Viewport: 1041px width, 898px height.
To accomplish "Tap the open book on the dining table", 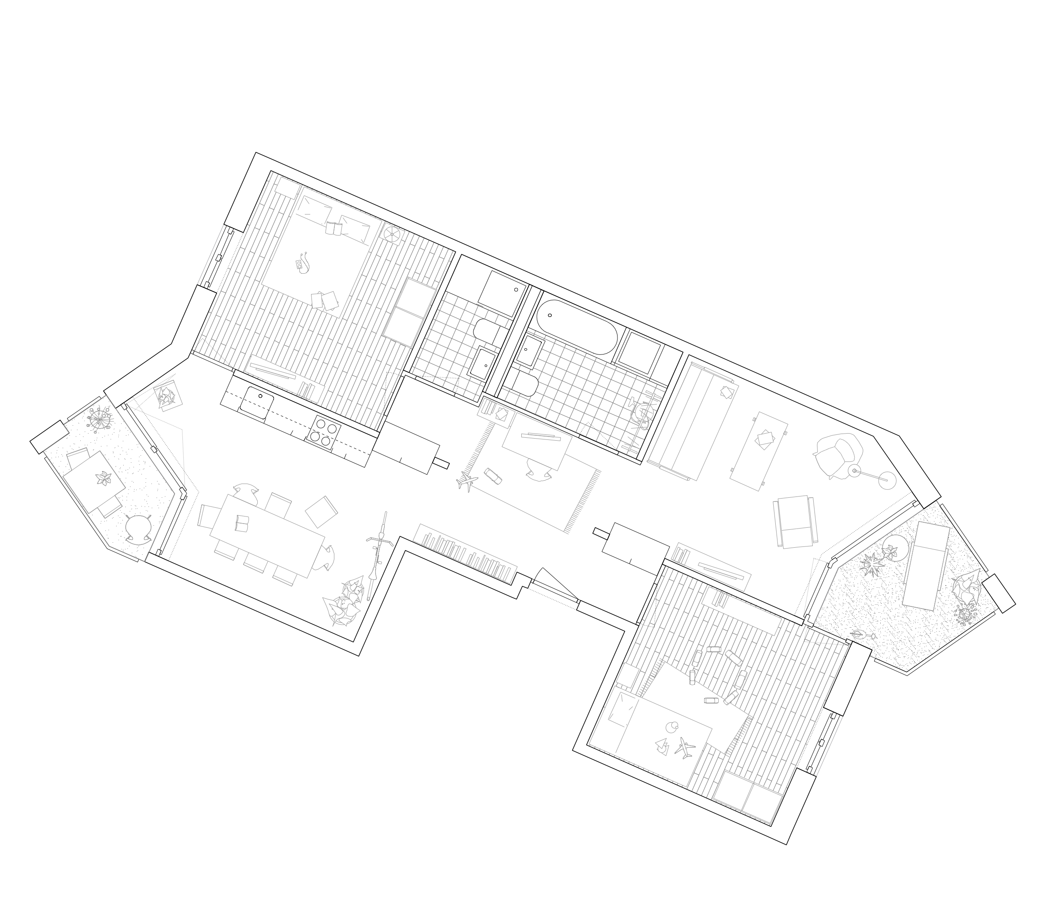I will (241, 523).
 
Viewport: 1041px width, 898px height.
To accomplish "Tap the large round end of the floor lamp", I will (888, 480).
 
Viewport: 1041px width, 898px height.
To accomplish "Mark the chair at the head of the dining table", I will (207, 516).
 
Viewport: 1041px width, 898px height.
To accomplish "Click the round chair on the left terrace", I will (138, 529).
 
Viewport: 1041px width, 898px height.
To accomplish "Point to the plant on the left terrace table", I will (104, 479).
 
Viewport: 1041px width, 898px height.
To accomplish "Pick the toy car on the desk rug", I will (493, 475).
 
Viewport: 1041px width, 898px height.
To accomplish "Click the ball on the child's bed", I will (672, 727).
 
